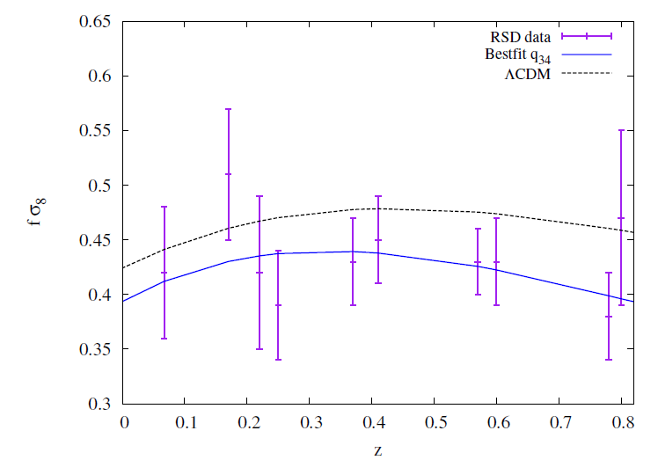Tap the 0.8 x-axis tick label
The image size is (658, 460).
(620, 423)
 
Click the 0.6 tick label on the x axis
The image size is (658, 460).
(496, 423)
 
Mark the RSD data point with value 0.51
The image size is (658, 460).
(229, 174)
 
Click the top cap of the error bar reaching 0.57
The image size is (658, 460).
(229, 109)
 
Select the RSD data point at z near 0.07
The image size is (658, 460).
(164, 273)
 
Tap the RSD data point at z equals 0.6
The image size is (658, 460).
(496, 262)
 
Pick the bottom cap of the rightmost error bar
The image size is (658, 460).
(621, 305)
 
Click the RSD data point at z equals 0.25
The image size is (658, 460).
(278, 305)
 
